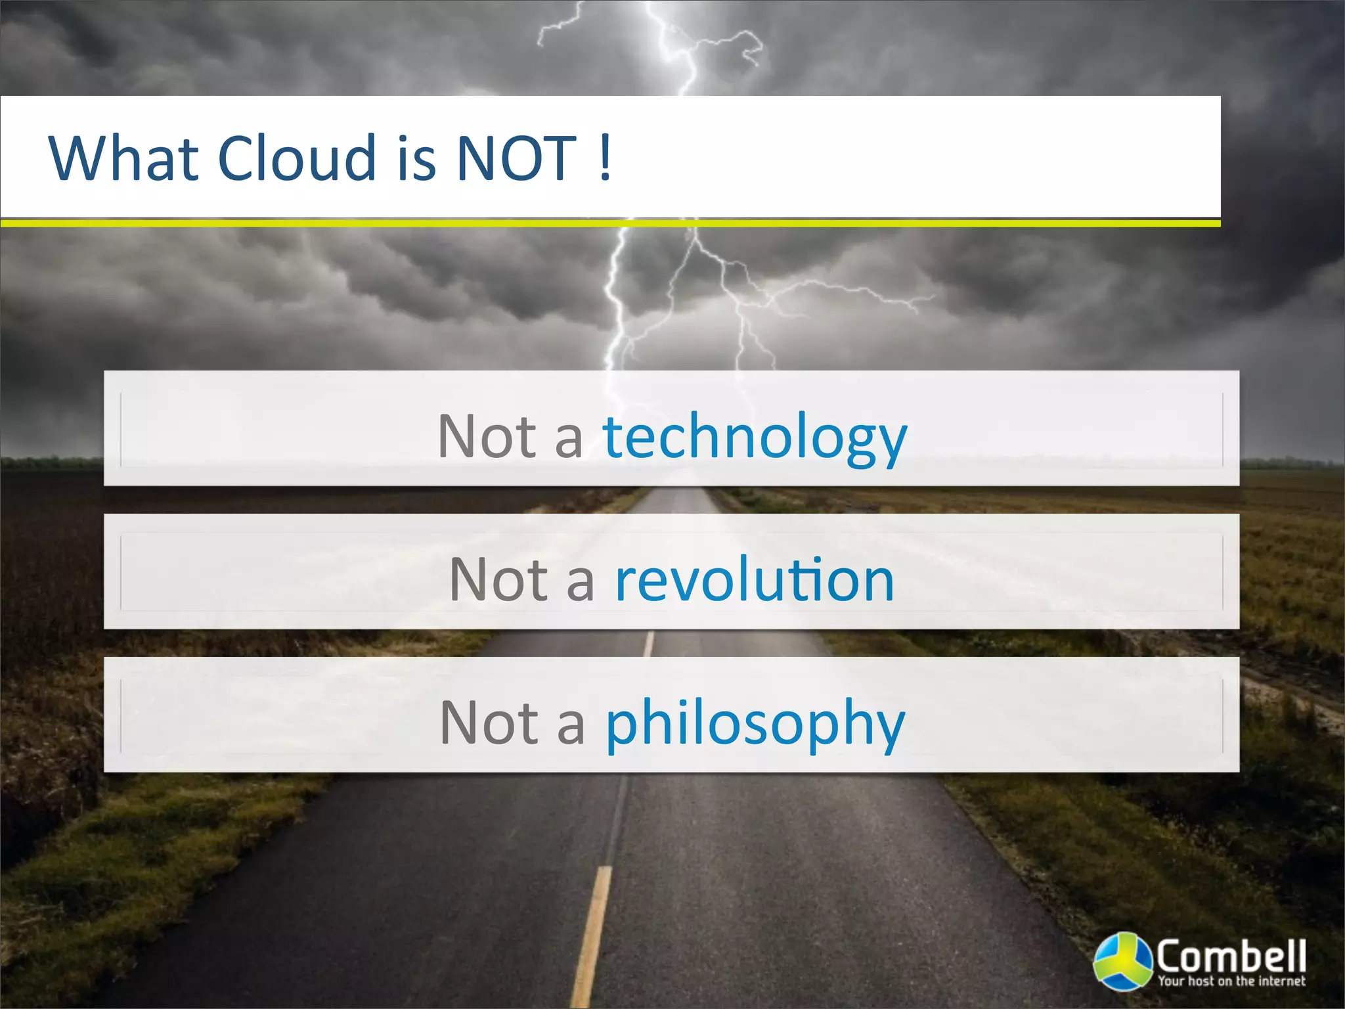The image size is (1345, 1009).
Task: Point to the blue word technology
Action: [755, 438]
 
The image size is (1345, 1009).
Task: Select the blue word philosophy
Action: [755, 724]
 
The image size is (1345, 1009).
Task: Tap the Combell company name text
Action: [1231, 956]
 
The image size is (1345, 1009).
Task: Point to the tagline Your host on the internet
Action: [1231, 981]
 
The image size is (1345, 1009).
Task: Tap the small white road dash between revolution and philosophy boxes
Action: [649, 644]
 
